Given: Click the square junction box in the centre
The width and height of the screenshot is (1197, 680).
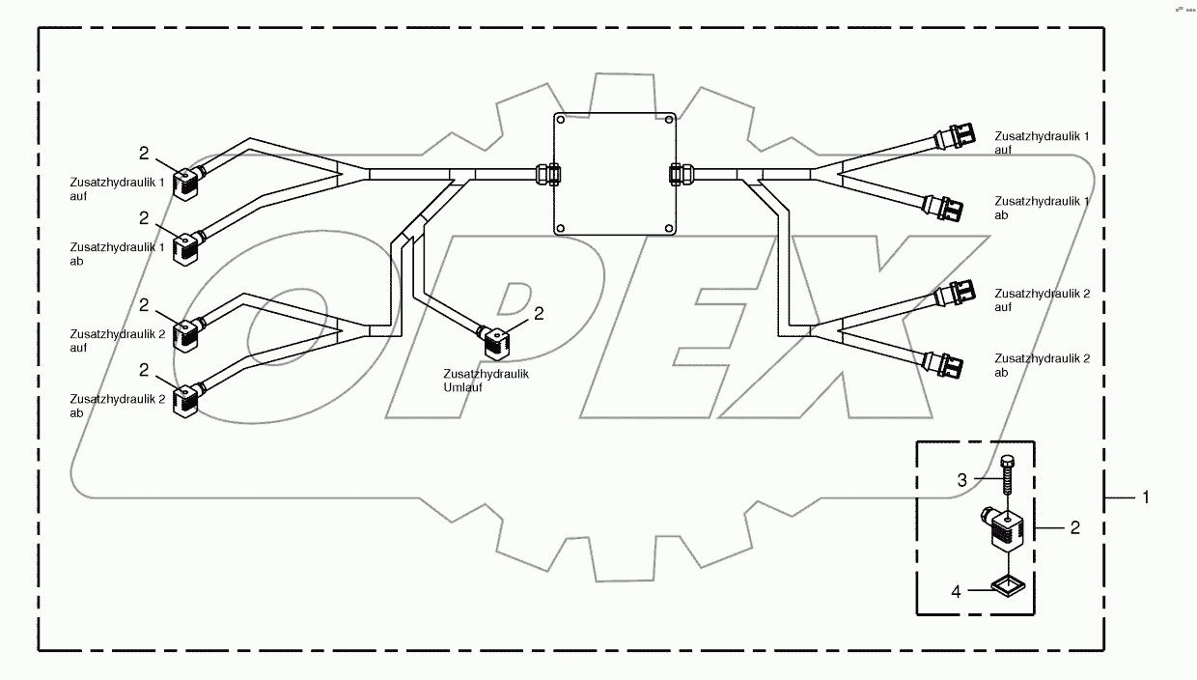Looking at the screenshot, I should pyautogui.click(x=614, y=174).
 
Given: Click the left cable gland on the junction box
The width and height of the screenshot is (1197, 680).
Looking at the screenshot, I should pyautogui.click(x=547, y=175).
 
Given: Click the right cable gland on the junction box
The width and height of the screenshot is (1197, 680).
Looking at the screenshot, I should pyautogui.click(x=680, y=175).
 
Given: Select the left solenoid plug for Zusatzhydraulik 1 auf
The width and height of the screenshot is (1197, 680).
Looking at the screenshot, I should pyautogui.click(x=186, y=181).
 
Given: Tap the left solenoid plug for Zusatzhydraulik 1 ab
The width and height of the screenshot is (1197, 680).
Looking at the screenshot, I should pyautogui.click(x=185, y=243).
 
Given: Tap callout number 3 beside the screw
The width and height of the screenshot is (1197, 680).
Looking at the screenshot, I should pyautogui.click(x=960, y=479).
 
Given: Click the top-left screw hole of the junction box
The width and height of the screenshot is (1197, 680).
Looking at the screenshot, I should pyautogui.click(x=561, y=121).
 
